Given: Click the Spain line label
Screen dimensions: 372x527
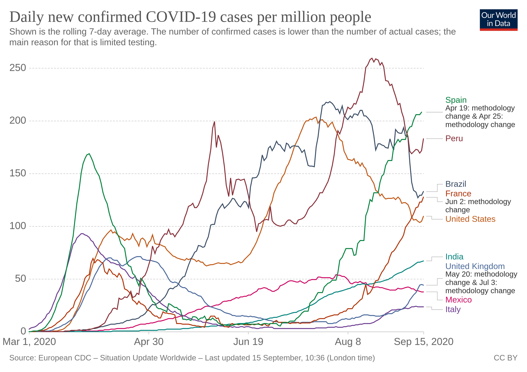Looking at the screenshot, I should pyautogui.click(x=456, y=100).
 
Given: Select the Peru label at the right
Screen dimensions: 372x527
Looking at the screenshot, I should pyautogui.click(x=454, y=139).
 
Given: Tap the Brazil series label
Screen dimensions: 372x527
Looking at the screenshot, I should pyautogui.click(x=456, y=184).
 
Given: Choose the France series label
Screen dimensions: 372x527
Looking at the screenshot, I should pyautogui.click(x=458, y=194).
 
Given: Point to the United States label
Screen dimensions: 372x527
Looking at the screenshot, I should pyautogui.click(x=470, y=219).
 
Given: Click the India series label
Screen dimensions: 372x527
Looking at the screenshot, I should pyautogui.click(x=454, y=257).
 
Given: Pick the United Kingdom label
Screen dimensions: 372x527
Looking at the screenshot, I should pyautogui.click(x=475, y=266).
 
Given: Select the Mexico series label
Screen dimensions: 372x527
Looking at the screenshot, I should pyautogui.click(x=458, y=300).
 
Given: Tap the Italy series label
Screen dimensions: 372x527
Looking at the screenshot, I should pyautogui.click(x=453, y=309).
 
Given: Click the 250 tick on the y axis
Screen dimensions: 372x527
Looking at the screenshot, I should pyautogui.click(x=18, y=68).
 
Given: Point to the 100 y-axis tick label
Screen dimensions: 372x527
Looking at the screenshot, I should pyautogui.click(x=18, y=226).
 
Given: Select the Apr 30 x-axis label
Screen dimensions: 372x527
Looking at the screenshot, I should pyautogui.click(x=149, y=342).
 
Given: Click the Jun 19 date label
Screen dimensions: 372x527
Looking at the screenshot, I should pyautogui.click(x=248, y=342).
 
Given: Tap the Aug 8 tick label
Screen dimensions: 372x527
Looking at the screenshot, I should pyautogui.click(x=348, y=342).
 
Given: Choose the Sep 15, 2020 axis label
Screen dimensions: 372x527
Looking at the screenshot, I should pyautogui.click(x=423, y=342).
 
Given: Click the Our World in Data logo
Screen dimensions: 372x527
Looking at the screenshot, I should pyautogui.click(x=499, y=20).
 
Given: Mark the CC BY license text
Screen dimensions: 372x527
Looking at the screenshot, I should pyautogui.click(x=505, y=358).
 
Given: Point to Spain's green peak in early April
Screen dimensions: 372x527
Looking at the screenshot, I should pyautogui.click(x=89, y=154).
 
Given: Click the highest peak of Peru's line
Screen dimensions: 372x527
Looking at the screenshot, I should pyautogui.click(x=372, y=58).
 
